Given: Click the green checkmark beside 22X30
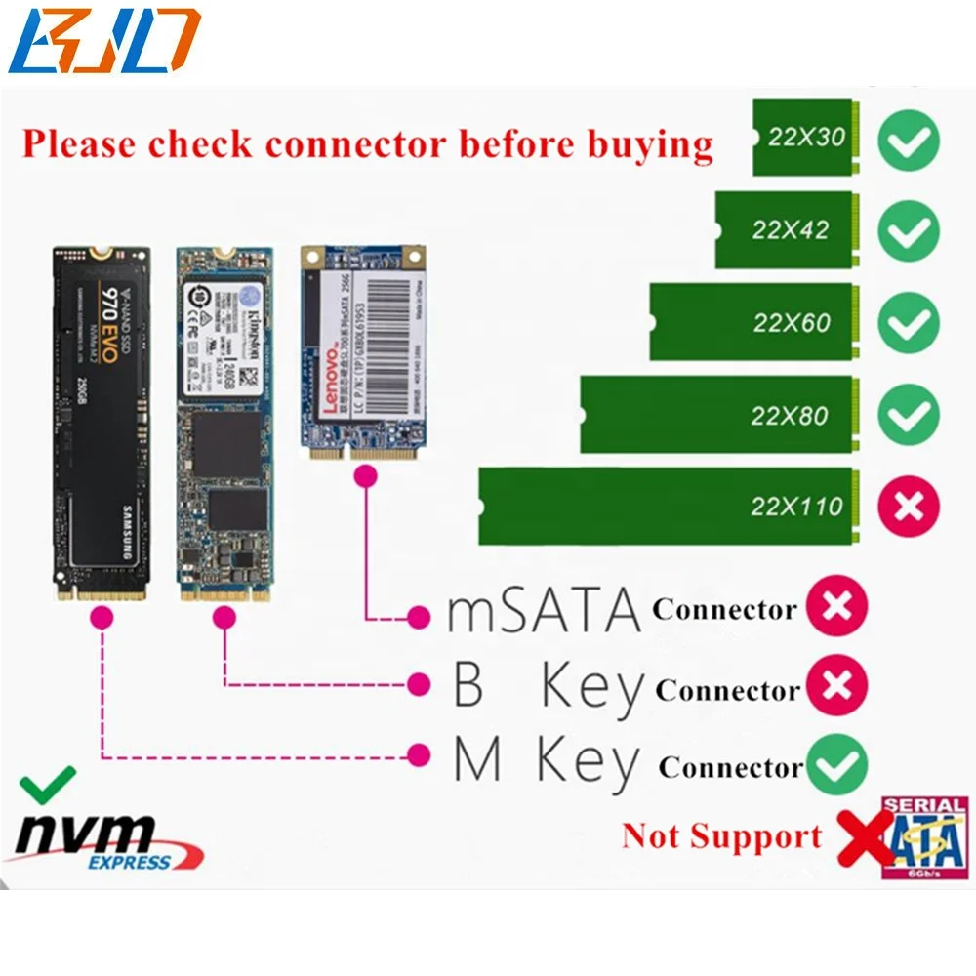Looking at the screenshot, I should (x=908, y=141).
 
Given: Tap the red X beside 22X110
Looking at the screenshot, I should (x=908, y=507).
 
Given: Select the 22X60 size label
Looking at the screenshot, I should (x=791, y=323).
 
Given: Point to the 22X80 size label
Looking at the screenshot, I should (x=790, y=416).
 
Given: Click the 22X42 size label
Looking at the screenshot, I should (x=791, y=230).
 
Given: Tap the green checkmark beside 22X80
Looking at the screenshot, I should (x=908, y=416).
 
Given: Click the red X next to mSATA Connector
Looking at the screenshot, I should (x=837, y=608).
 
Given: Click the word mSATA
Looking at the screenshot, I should (x=544, y=610).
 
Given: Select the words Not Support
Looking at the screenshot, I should (x=722, y=836).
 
